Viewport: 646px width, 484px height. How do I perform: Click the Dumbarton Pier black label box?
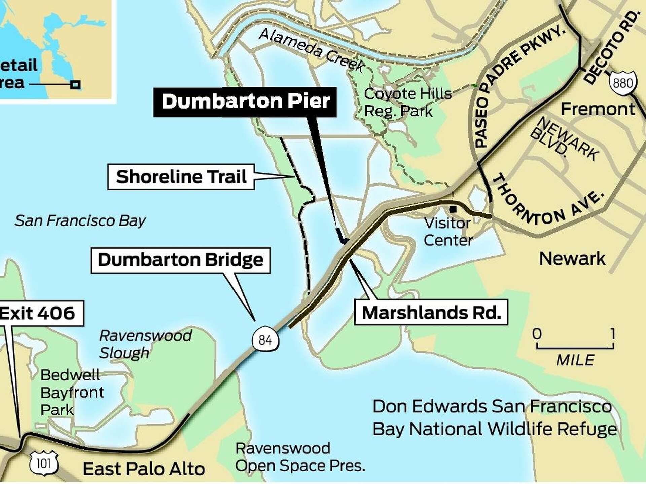(x=245, y=102)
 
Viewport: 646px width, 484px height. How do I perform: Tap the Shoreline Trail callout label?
(x=181, y=177)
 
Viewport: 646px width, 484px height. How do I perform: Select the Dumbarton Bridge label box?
(x=180, y=260)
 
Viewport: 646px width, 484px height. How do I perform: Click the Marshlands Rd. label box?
(x=431, y=312)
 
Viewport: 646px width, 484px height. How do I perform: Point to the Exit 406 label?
(x=38, y=313)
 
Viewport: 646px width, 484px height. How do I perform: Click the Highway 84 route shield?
(x=265, y=340)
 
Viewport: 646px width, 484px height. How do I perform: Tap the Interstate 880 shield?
(x=622, y=83)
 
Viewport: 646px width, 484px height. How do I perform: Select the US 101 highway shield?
(x=44, y=463)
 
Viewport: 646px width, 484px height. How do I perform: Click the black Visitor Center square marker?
(x=453, y=209)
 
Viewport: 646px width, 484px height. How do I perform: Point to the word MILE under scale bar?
(x=575, y=360)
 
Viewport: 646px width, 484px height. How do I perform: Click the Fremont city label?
(x=598, y=109)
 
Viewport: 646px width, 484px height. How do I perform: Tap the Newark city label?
(x=572, y=258)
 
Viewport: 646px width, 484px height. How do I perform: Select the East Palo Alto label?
(x=144, y=469)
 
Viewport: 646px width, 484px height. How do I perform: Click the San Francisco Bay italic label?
(x=80, y=221)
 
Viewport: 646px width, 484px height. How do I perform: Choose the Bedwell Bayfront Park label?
(x=71, y=392)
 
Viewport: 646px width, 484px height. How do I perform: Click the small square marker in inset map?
(x=75, y=84)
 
